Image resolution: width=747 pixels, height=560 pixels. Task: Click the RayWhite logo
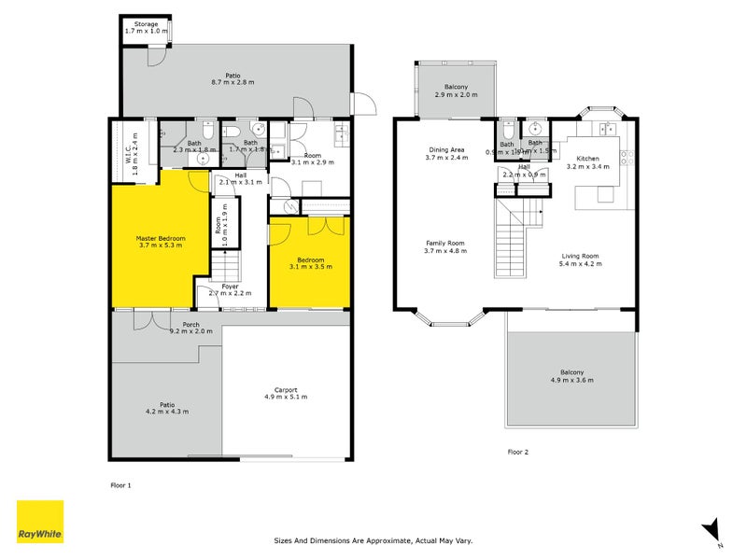click(x=40, y=522)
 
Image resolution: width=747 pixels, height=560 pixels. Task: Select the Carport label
click(x=286, y=389)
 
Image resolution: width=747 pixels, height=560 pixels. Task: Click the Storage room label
click(x=146, y=22)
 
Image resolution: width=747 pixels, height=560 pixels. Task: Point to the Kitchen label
click(x=587, y=159)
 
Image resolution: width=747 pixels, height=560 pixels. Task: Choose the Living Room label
click(x=580, y=256)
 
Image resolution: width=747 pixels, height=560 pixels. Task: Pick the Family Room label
click(x=444, y=243)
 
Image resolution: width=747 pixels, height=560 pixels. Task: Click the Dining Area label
click(x=446, y=149)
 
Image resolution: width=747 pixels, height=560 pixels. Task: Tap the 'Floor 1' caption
click(x=121, y=485)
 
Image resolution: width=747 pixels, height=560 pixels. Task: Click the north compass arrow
click(x=712, y=528)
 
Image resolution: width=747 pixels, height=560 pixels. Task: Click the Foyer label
click(x=230, y=287)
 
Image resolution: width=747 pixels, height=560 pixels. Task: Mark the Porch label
click(x=190, y=324)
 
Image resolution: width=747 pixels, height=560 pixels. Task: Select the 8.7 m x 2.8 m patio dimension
click(x=233, y=82)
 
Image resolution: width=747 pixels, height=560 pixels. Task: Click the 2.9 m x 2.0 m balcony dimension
click(x=456, y=95)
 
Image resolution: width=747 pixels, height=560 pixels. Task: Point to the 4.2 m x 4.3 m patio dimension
click(x=166, y=412)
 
